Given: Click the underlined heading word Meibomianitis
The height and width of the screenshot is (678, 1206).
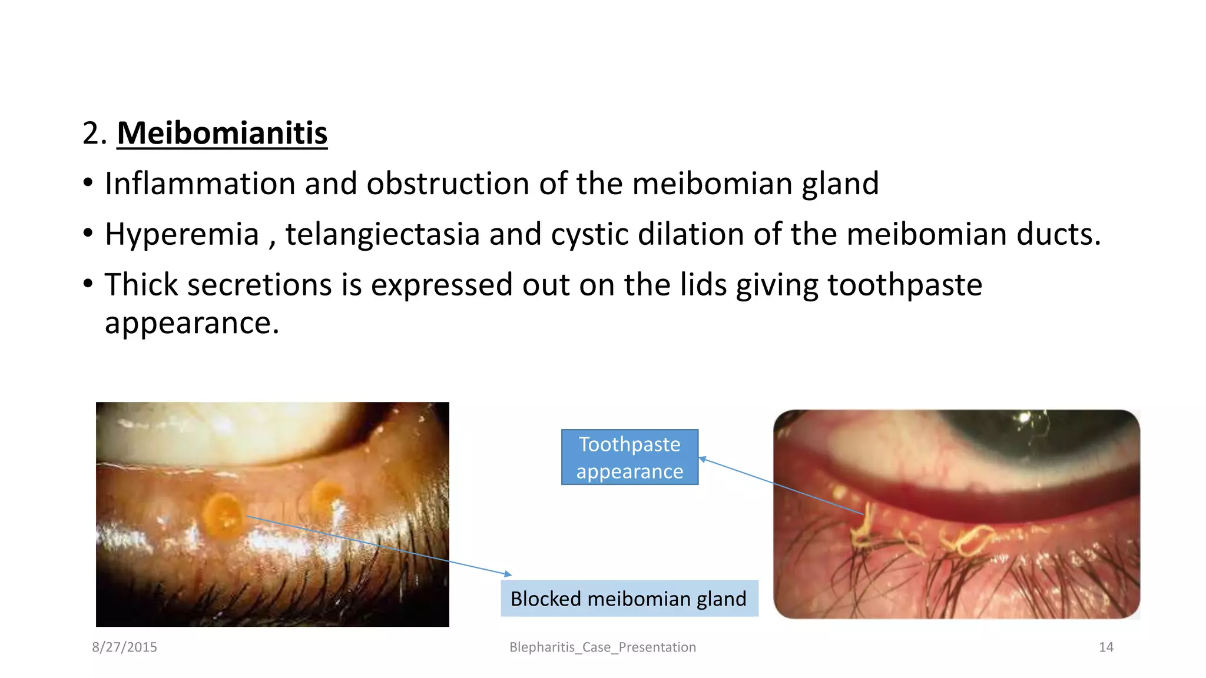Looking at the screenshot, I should coord(222,133).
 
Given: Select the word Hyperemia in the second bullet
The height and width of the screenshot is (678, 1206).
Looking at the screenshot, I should coord(182,234).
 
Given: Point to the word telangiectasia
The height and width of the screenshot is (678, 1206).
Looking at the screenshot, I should coord(382,234).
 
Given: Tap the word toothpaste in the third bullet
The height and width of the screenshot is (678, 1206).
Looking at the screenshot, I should coord(904,285).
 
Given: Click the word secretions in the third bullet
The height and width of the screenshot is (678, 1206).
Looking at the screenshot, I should coord(260,285).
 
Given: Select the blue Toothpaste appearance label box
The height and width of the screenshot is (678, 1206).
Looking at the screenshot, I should coord(629,457).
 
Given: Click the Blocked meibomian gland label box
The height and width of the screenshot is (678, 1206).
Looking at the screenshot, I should coord(629,599).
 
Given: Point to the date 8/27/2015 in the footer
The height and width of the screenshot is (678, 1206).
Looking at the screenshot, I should coord(124,647).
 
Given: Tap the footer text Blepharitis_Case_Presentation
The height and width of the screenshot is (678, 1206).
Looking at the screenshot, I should coord(602,647).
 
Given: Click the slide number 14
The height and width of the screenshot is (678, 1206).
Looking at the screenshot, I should coord(1106,647).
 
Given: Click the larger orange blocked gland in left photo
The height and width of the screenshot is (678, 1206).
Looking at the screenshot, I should coord(224,515).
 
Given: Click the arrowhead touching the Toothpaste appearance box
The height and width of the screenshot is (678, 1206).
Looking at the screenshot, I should coord(702,458).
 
